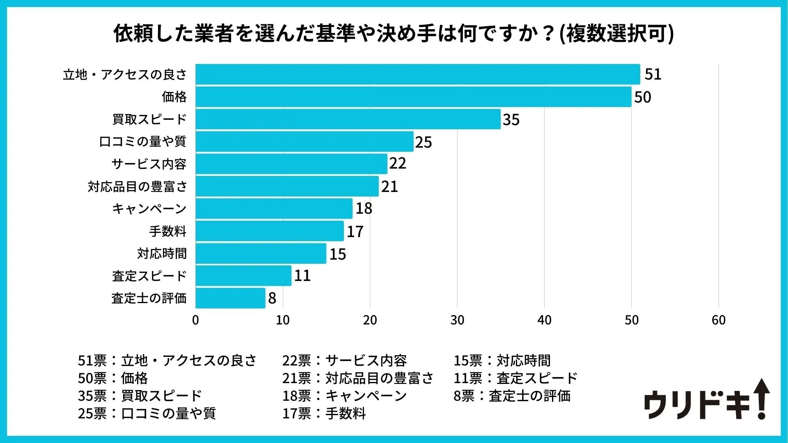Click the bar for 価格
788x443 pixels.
[413, 97]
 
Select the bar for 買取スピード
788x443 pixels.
[348, 119]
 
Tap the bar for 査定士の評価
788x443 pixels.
[230, 298]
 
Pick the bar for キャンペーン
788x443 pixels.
[274, 209]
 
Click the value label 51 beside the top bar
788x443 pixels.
[653, 74]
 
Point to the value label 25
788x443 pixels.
[423, 142]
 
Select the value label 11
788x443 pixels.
[302, 276]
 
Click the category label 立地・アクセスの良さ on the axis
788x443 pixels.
[125, 75]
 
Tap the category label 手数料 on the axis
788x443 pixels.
[167, 231]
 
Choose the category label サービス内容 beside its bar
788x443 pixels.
[149, 164]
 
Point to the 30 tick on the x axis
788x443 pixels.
[457, 320]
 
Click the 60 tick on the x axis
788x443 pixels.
[719, 320]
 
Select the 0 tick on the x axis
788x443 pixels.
[195, 320]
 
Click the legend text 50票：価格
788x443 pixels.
[113, 378]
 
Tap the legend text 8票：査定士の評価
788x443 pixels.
[512, 396]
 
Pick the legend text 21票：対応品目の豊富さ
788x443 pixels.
[357, 378]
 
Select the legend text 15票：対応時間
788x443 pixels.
[502, 361]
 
